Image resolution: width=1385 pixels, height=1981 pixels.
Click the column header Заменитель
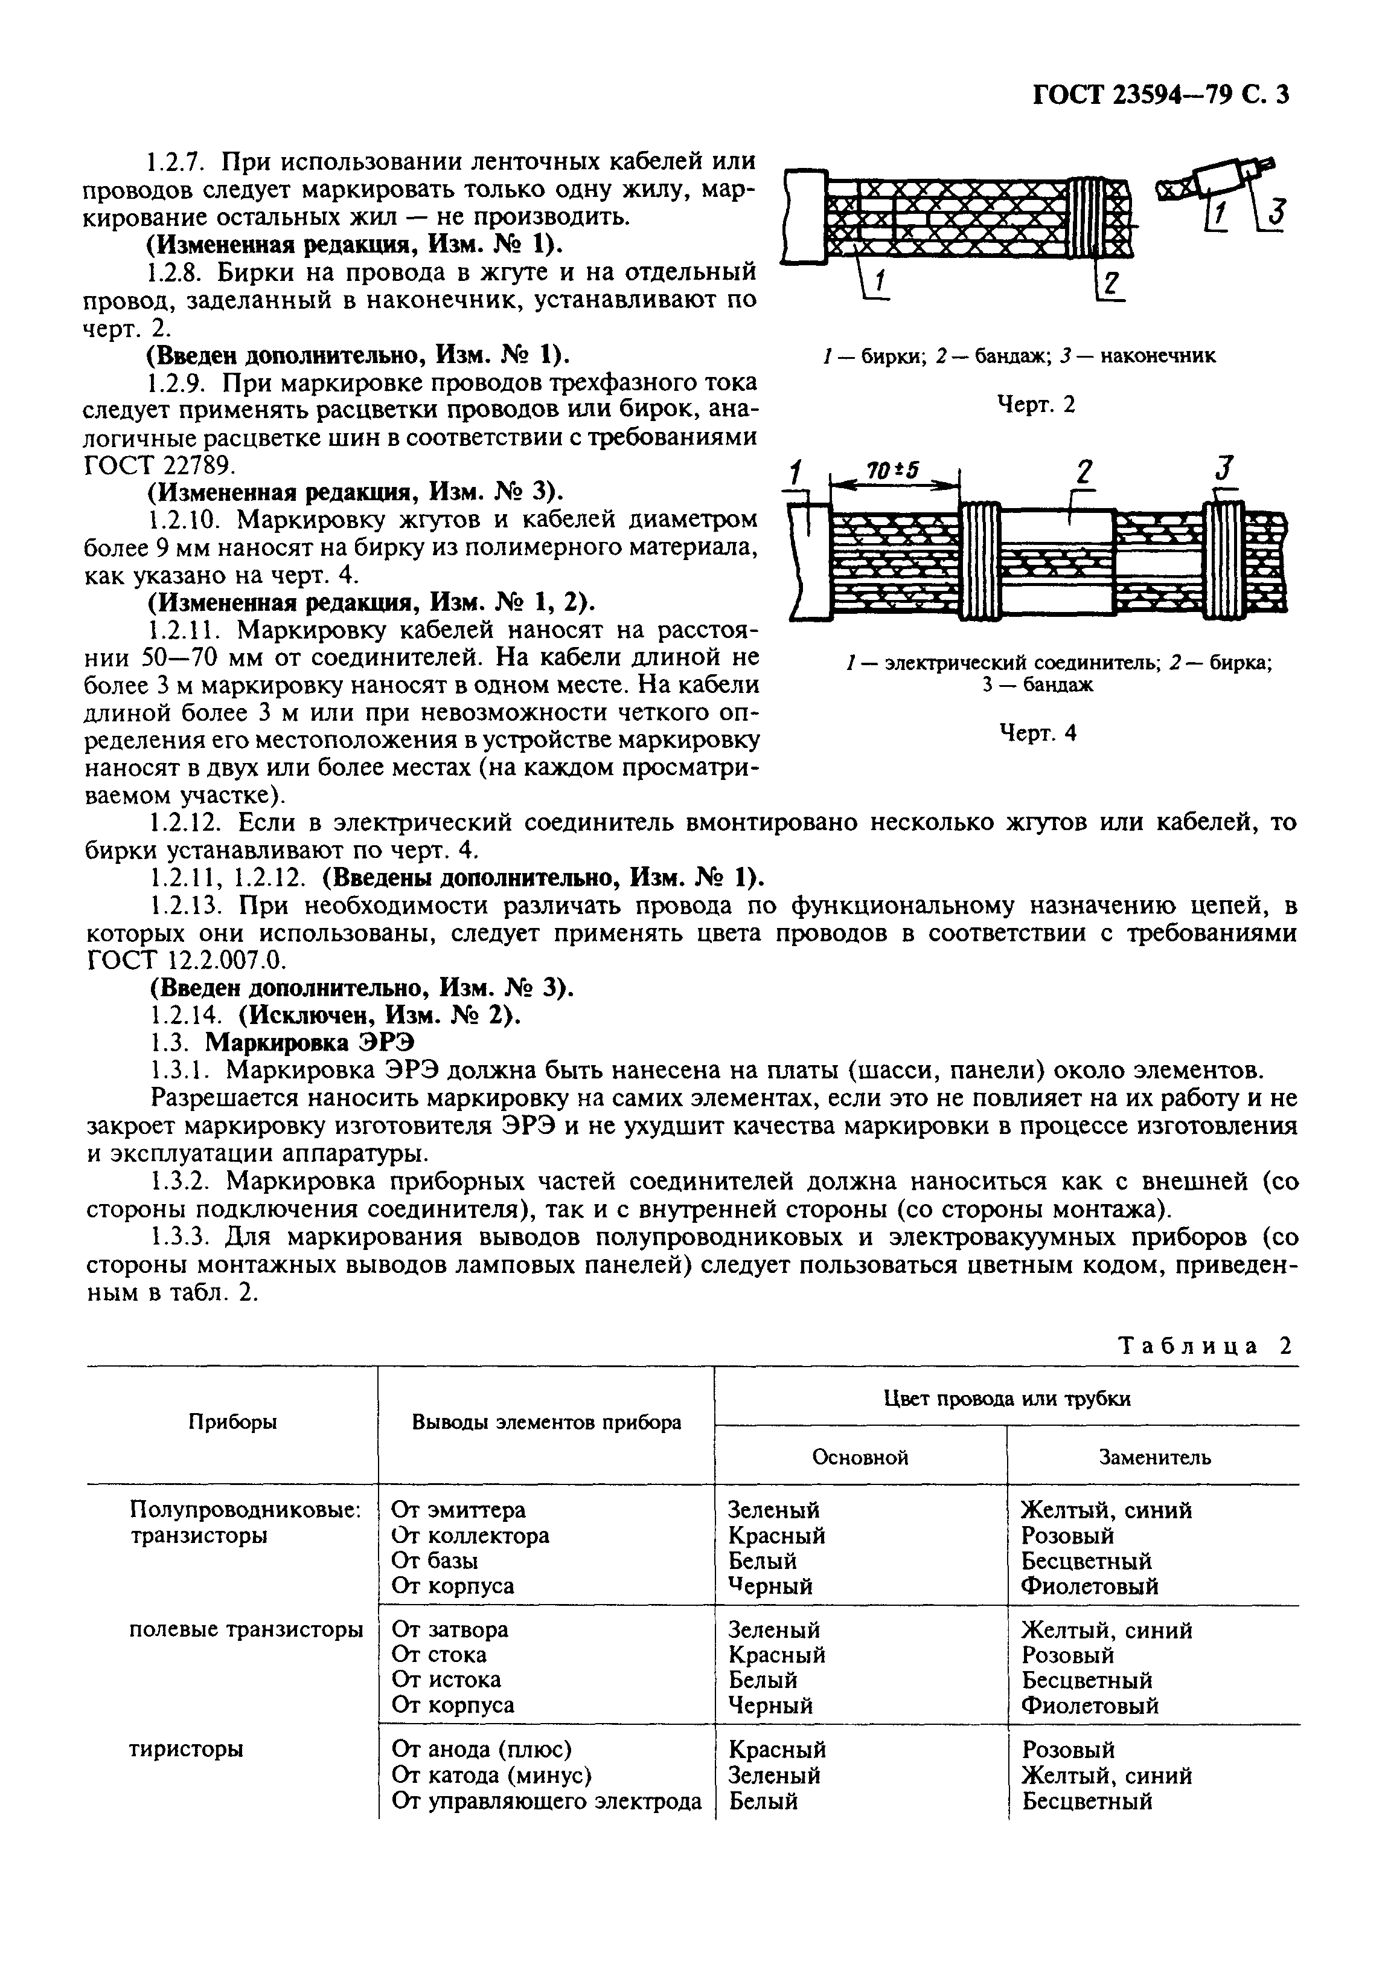[x=1154, y=1457]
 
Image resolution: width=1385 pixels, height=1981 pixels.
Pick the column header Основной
[x=861, y=1457]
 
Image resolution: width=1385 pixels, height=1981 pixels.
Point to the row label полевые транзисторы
[x=246, y=1629]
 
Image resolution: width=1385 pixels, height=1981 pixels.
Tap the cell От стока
[x=439, y=1654]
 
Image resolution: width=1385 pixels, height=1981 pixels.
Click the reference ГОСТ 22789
[x=159, y=465]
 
